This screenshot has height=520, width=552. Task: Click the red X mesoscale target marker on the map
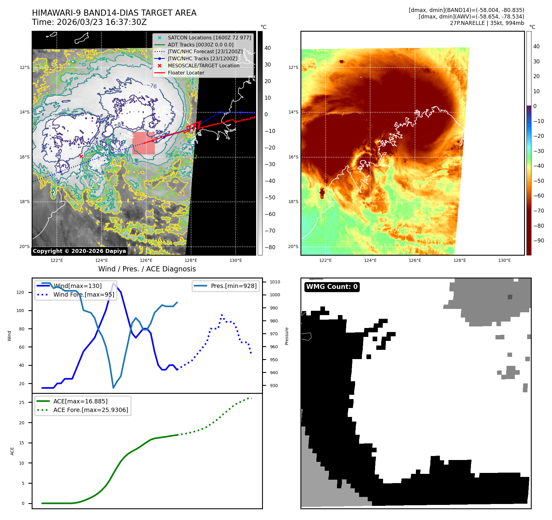(x=81, y=156)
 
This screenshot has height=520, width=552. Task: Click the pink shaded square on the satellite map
(x=143, y=143)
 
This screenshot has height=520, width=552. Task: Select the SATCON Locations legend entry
(x=209, y=38)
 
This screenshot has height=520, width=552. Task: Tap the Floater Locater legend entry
(x=186, y=73)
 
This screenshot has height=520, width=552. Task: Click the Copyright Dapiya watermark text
(x=79, y=251)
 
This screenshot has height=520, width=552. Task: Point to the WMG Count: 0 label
(x=332, y=287)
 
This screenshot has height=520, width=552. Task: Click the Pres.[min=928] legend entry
(x=233, y=286)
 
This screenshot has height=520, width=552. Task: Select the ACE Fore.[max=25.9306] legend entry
(x=91, y=410)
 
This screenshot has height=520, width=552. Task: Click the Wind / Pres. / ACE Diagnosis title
(x=147, y=269)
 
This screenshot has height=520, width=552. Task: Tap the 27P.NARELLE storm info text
(x=487, y=23)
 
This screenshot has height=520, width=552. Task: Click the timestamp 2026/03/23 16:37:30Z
(x=102, y=22)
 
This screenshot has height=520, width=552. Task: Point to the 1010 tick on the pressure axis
(x=275, y=282)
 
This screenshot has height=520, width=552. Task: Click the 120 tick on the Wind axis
(x=20, y=292)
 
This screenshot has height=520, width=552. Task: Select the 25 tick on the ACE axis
(x=22, y=402)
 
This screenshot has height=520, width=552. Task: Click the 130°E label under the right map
(x=504, y=260)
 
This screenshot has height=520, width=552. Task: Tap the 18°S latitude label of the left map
(x=25, y=202)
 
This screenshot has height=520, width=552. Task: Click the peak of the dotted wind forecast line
(x=222, y=315)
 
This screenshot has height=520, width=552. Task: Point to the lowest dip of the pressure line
(x=113, y=388)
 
